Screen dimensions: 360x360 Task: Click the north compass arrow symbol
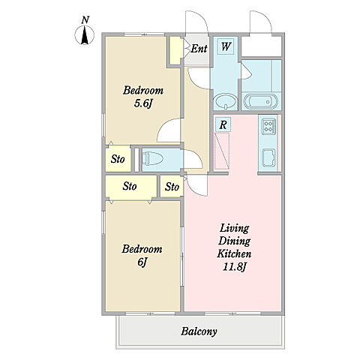point(85,35)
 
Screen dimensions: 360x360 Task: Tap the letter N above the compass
point(85,20)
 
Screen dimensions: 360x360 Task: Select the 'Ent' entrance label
point(199,49)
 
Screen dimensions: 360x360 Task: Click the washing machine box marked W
point(226,46)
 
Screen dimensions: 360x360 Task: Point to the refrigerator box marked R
point(223,124)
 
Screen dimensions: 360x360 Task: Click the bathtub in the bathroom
point(260,101)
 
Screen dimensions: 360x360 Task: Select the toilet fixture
point(153,159)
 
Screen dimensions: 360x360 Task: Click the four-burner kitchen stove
point(268,126)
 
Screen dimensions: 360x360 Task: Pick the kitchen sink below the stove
point(268,157)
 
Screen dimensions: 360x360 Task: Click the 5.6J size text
point(142,103)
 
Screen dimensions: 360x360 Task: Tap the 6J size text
point(142,262)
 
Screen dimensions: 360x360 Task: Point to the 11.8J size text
point(235,267)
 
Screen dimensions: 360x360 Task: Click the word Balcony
point(199,331)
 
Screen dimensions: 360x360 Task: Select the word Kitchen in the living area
point(234,253)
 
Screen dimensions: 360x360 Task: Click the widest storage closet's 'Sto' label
point(130,186)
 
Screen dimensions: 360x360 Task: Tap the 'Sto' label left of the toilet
point(118,159)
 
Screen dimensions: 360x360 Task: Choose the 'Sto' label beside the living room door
point(172,187)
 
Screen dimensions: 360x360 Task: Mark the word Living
point(234,229)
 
